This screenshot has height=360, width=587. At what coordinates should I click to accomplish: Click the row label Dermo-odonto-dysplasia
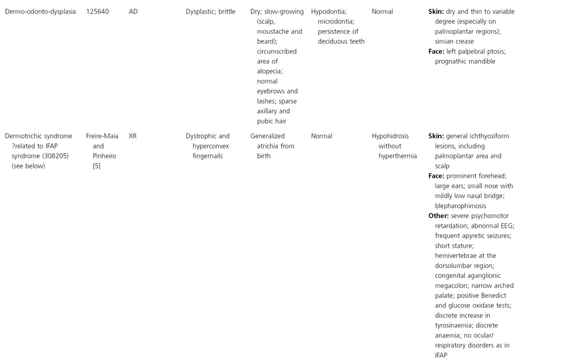(x=40, y=12)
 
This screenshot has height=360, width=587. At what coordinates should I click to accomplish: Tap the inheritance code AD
(x=133, y=12)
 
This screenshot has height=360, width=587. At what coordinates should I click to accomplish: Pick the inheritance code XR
(x=133, y=136)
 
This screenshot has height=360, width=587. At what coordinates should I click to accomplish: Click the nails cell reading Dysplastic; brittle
(x=210, y=12)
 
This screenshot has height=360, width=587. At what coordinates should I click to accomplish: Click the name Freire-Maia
(x=102, y=136)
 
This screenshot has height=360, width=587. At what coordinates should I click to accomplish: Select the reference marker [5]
(x=97, y=166)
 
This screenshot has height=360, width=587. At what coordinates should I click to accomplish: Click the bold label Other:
(x=439, y=216)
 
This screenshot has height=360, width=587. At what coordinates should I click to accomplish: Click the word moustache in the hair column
(x=273, y=31)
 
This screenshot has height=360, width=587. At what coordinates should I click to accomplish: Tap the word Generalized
(x=268, y=136)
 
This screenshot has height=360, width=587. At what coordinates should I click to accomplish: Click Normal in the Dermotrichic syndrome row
(x=321, y=136)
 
